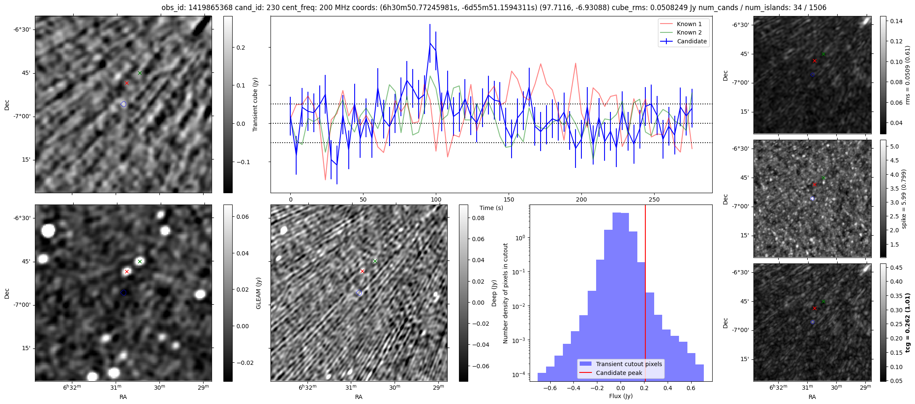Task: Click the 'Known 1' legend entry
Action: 689,24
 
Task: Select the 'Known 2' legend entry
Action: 689,32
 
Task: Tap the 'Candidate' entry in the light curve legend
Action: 692,41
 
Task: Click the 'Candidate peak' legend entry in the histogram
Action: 619,373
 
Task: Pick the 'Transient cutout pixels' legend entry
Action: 629,364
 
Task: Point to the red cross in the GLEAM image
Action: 127,272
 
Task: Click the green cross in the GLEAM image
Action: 140,261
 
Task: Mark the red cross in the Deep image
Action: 362,271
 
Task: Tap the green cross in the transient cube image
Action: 140,73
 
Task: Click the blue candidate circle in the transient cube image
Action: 123,104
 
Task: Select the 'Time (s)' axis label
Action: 491,208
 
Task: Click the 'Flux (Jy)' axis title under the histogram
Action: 621,396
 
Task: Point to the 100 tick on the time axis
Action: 436,199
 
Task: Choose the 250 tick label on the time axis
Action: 654,199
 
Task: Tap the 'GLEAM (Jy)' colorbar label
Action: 258,293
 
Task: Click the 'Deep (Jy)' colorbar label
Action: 494,293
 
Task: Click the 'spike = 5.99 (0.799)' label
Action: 903,199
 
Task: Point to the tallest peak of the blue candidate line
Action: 430,43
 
